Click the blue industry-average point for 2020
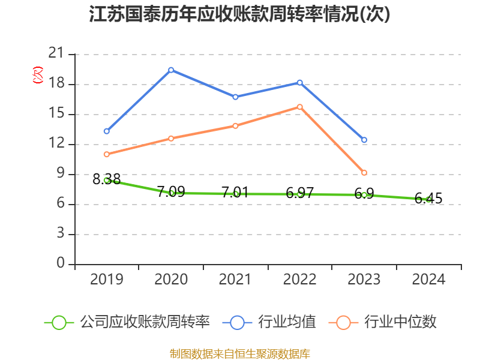point(171,70)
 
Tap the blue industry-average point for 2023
point(364,140)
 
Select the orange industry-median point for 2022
point(300,107)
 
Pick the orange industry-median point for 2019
point(107,154)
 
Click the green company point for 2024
point(428,199)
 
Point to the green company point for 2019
point(107,180)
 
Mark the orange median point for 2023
point(364,173)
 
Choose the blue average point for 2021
point(235,97)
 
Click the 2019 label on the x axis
point(107,279)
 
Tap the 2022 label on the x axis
point(300,279)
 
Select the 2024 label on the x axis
point(428,279)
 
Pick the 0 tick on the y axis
point(61,264)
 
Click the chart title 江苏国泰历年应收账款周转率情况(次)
point(240,14)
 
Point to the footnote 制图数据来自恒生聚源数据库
point(240,353)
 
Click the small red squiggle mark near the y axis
point(38,75)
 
